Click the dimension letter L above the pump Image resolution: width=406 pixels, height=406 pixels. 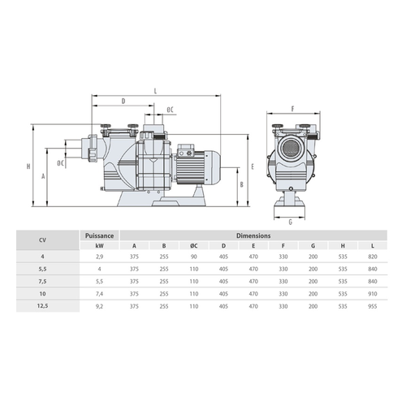click(155, 91)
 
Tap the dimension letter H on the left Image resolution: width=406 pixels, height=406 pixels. click(28, 166)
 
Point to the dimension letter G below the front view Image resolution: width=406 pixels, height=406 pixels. click(291, 222)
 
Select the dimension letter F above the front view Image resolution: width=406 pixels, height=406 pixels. click(292, 109)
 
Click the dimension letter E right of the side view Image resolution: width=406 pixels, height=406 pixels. click(253, 166)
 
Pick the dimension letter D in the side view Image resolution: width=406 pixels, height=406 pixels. click(123, 101)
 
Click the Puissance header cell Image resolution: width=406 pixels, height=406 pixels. click(99, 235)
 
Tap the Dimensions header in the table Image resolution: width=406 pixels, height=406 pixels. click(253, 235)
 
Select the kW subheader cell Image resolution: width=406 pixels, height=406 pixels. click(99, 246)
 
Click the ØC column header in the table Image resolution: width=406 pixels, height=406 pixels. click(194, 246)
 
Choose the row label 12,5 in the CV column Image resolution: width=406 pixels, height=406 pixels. click(42, 306)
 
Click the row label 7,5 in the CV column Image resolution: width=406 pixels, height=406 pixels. click(42, 281)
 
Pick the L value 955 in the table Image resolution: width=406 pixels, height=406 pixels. click(373, 306)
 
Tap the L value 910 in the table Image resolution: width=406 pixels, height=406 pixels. click(373, 294)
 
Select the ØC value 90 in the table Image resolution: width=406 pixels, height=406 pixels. click(194, 257)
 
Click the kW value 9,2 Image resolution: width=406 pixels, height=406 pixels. click(99, 306)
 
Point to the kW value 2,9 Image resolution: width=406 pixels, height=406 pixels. click(99, 257)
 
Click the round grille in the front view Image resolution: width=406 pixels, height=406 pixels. click(290, 148)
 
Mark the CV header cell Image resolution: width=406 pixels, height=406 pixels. click(42, 240)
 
